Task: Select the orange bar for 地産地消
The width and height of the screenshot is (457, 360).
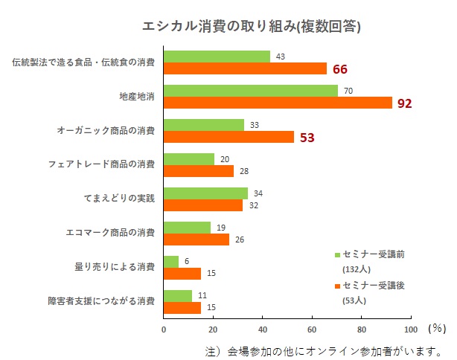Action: (x=277, y=103)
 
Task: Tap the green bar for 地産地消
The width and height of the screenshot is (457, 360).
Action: (x=250, y=91)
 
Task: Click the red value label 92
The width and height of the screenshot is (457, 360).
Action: (x=404, y=103)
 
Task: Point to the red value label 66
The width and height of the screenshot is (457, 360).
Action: (x=340, y=69)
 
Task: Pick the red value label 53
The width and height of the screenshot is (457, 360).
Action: (x=307, y=138)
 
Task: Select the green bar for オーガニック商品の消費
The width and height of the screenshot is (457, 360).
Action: (x=204, y=125)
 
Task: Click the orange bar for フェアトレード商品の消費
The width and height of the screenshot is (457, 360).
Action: (x=198, y=171)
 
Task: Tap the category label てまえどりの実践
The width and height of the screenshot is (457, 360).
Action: (x=119, y=199)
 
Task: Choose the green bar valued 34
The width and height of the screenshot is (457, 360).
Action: (x=205, y=193)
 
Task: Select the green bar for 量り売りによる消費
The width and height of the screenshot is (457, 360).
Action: (x=171, y=262)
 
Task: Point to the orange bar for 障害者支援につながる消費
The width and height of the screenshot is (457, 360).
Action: (x=182, y=307)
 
